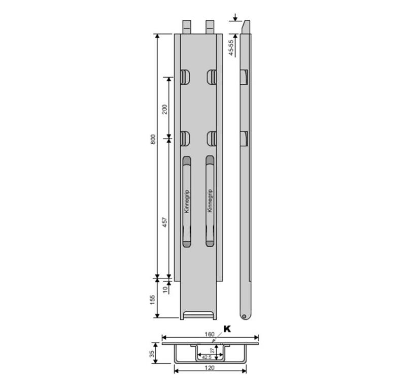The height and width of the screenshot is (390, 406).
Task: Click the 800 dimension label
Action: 153,140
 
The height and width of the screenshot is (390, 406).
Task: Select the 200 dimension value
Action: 164,109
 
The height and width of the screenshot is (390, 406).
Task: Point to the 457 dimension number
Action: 164,222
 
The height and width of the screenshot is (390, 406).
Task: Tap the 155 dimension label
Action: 153,300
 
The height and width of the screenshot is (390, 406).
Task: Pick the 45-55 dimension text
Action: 231,48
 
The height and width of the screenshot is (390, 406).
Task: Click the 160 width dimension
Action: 210,334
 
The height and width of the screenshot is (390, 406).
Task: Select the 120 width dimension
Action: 210,368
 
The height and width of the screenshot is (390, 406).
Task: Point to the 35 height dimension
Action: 152,353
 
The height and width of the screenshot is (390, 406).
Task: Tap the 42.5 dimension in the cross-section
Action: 207,357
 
